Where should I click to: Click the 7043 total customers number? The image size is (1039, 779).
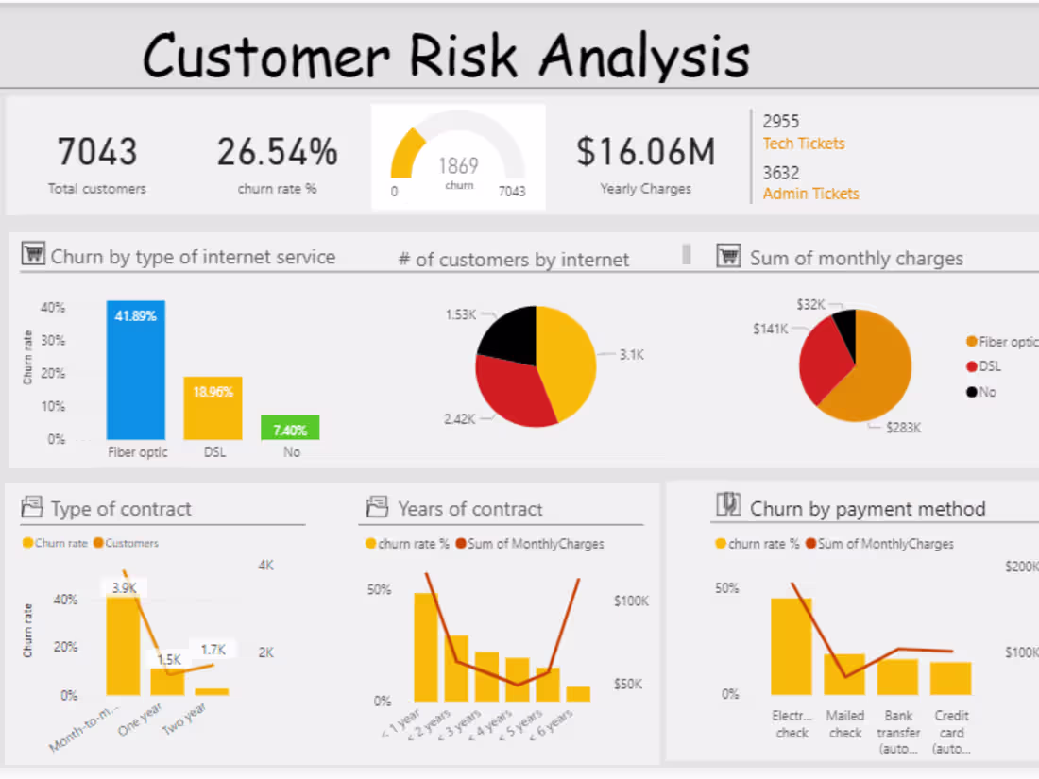pos(96,151)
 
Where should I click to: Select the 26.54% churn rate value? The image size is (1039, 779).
pos(277,151)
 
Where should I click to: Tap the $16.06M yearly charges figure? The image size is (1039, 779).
pos(645,151)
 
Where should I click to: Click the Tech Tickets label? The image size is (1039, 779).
pos(804,144)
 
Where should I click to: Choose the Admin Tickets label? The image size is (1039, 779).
pos(810,194)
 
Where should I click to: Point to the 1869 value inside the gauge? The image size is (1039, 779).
pos(458,165)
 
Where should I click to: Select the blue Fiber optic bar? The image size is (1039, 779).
pos(136,373)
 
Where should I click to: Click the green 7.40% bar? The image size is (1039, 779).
pos(290,428)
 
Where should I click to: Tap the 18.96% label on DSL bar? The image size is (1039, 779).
pos(213,391)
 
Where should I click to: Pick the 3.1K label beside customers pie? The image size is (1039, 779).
pos(631,355)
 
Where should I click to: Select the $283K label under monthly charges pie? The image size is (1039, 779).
pos(903,428)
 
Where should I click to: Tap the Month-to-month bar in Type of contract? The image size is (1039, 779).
pos(123,642)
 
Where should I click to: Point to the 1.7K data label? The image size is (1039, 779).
pos(213,650)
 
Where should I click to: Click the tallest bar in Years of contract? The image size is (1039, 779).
pos(426,647)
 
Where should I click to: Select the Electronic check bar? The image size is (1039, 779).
pos(792,647)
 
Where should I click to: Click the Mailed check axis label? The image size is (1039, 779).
pos(844,724)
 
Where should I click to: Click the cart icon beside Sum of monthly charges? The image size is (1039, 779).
pos(727,256)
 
